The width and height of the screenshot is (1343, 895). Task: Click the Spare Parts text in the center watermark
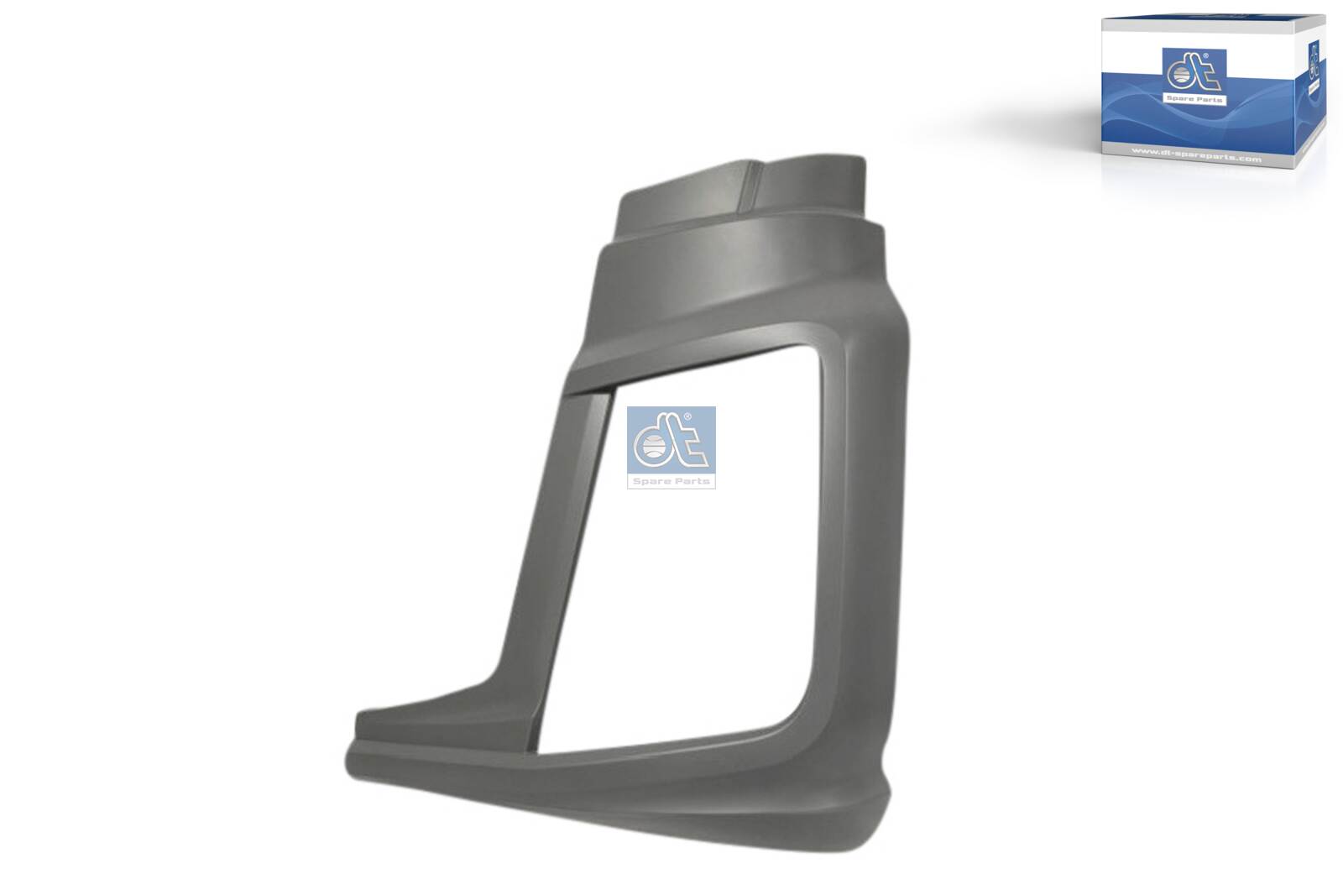pyautogui.click(x=671, y=481)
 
